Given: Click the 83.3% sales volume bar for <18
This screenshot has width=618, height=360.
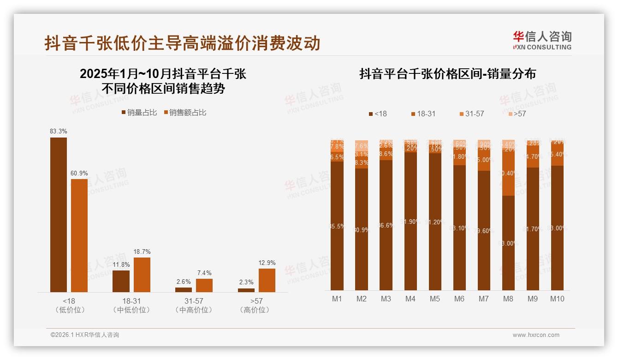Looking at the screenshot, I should [59, 215].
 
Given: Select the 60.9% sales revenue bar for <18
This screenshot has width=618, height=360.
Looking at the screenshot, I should [79, 235].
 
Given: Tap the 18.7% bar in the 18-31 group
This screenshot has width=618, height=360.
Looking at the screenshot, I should [142, 275].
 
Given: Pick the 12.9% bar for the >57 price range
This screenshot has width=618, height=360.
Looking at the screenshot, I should [267, 280].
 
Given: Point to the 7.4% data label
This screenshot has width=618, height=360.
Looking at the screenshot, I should [204, 273].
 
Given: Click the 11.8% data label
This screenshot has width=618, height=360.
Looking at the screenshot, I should [121, 264].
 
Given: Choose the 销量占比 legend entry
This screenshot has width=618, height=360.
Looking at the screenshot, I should [139, 113].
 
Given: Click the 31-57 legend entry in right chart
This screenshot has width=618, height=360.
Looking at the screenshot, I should [471, 114].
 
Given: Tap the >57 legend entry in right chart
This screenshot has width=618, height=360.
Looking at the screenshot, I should [517, 114].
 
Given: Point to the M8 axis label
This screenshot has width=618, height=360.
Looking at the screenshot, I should [508, 299].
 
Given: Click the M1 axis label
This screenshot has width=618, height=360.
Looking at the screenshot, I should [337, 299].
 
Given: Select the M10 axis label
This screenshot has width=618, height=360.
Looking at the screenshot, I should [557, 299].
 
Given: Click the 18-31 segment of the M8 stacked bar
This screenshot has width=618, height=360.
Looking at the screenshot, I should [508, 173].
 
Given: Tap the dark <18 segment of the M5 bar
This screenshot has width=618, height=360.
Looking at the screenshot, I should [435, 222].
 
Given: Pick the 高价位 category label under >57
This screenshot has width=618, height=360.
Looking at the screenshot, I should [254, 310].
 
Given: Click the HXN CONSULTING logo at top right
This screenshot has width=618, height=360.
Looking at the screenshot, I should [542, 41].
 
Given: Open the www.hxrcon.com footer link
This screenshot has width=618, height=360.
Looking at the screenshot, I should [536, 335].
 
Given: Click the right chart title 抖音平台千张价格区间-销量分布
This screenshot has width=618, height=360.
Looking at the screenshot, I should [447, 74].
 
